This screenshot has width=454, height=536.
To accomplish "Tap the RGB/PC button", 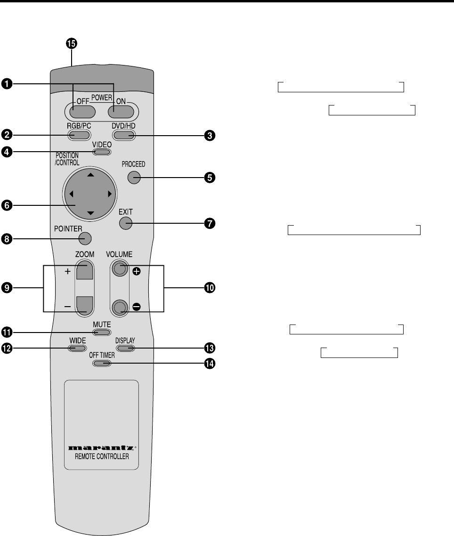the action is point(79,136).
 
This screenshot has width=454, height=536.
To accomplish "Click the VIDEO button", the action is point(102,152).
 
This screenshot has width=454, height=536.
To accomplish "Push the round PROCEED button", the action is point(134,177).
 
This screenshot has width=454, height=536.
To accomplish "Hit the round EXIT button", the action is point(126,223).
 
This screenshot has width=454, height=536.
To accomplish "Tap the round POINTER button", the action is point(85,238).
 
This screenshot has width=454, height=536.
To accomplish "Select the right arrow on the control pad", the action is point(109,194).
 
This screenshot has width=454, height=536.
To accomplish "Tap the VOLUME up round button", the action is point(120,269).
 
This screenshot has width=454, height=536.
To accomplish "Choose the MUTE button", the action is point(102,332).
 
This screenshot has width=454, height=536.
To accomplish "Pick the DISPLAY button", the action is point(125,348).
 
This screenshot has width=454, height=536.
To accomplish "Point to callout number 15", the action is point(71,44).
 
